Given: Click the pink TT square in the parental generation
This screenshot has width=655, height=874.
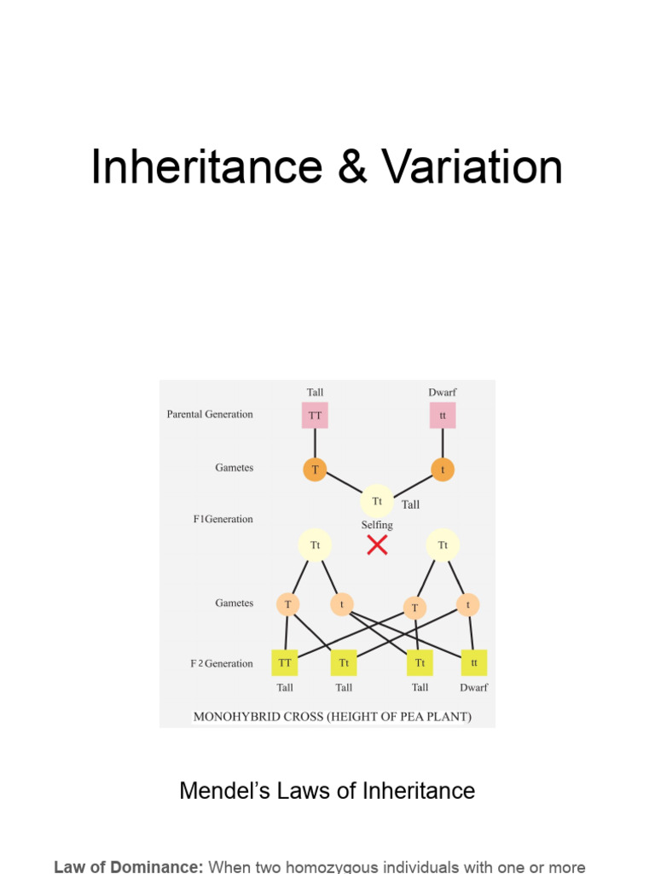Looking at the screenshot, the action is pyautogui.click(x=315, y=416).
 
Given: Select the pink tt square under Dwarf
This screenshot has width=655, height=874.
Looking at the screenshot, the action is pyautogui.click(x=443, y=416).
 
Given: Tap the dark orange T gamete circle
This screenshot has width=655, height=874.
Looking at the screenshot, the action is pyautogui.click(x=315, y=469).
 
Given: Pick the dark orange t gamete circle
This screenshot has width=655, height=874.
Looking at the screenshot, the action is pyautogui.click(x=443, y=469).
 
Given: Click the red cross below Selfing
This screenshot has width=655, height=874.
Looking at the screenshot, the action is pyautogui.click(x=377, y=545).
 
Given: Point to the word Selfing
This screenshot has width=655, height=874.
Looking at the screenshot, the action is pyautogui.click(x=377, y=525).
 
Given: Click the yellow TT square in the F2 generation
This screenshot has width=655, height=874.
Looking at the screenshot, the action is pyautogui.click(x=285, y=662).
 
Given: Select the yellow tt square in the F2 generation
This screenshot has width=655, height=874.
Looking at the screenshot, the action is pyautogui.click(x=474, y=662).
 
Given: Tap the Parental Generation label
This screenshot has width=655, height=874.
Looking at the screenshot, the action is pyautogui.click(x=210, y=414).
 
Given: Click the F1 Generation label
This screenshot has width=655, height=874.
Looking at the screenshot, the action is pyautogui.click(x=223, y=519).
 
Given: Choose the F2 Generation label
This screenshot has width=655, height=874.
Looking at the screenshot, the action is pyautogui.click(x=222, y=663).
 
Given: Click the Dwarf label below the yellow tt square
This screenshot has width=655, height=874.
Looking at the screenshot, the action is pyautogui.click(x=474, y=688).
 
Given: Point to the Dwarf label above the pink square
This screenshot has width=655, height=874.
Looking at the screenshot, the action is pyautogui.click(x=443, y=393).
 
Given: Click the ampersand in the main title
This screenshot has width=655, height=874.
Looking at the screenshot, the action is pyautogui.click(x=352, y=166).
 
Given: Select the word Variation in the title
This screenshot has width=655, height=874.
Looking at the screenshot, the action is pyautogui.click(x=472, y=166).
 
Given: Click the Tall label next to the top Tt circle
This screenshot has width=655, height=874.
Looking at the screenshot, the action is pyautogui.click(x=410, y=505).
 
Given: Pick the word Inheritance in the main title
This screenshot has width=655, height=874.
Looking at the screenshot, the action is pyautogui.click(x=207, y=166).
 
